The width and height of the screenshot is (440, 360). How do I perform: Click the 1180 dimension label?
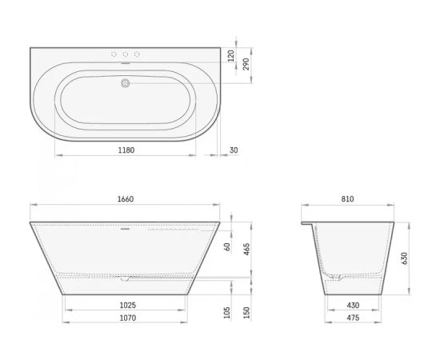tap(126, 150)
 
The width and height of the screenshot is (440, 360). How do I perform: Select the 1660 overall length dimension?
tap(126, 199)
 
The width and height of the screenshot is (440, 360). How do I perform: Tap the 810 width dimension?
tap(347, 199)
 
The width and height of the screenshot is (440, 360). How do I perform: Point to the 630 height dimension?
tap(404, 258)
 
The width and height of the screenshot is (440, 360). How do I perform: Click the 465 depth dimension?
tap(247, 249)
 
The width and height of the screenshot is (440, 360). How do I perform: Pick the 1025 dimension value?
tap(128, 305)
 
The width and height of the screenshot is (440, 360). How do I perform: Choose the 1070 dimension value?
tap(128, 318)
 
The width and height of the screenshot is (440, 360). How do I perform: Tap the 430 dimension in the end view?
tap(353, 305)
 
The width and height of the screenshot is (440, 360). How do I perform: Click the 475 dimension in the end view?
tap(353, 318)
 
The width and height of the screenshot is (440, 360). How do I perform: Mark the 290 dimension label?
tap(246, 64)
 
